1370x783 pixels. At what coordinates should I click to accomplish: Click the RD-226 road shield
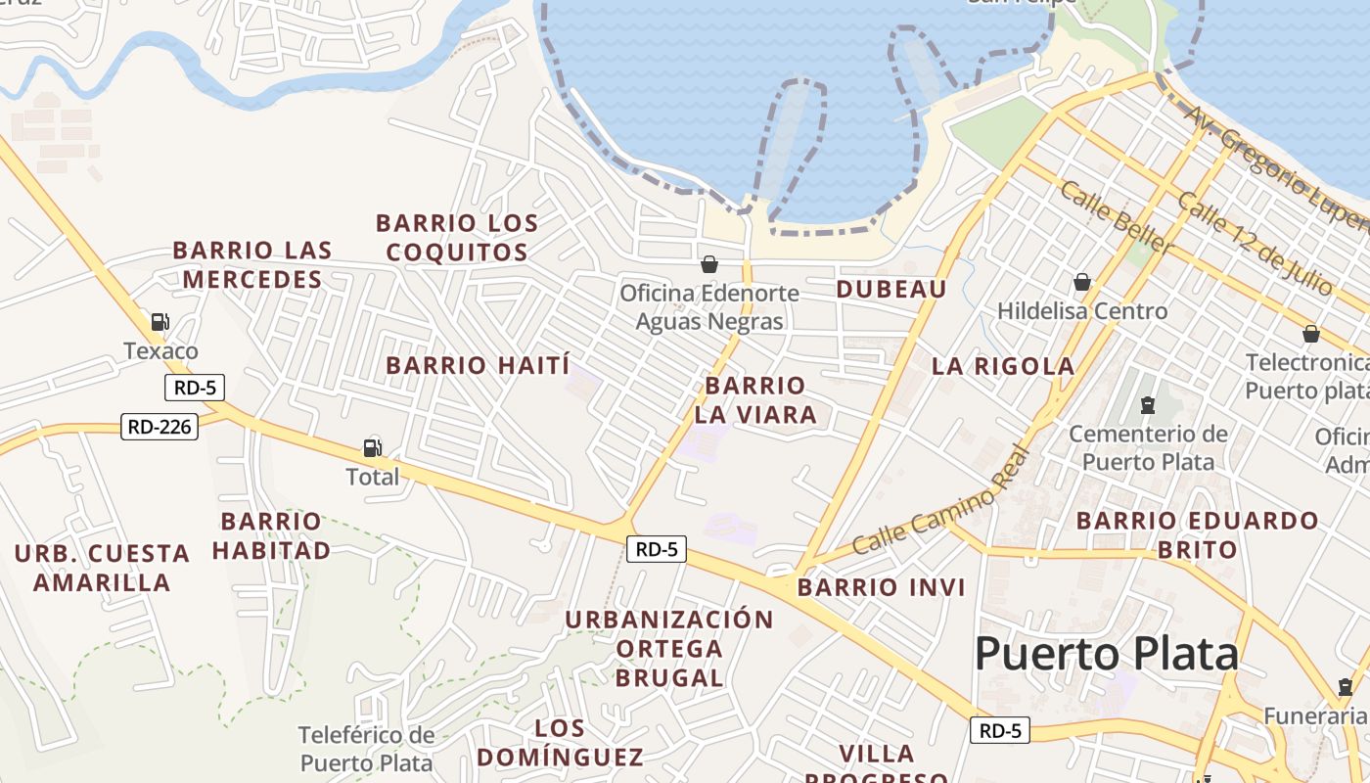tap(160, 427)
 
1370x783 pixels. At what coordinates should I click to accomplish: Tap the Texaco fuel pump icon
tap(160, 321)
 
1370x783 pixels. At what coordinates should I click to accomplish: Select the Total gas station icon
tap(372, 448)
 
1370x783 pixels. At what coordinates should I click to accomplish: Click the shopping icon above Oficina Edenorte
tap(709, 264)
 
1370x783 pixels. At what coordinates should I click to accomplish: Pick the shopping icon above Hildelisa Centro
tap(1082, 283)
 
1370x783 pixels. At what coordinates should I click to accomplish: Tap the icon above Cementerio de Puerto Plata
tap(1148, 404)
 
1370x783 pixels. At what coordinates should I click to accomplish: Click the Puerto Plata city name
tap(1106, 653)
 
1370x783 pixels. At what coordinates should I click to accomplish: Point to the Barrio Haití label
tap(478, 366)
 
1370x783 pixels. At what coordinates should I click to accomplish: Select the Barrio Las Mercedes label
tap(252, 265)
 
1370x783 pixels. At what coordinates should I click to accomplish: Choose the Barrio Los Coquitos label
tap(457, 238)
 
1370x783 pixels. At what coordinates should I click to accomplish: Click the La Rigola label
tap(1003, 367)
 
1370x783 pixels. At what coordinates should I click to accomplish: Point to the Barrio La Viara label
tap(755, 399)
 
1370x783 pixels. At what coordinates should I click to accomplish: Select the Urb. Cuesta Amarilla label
tap(102, 568)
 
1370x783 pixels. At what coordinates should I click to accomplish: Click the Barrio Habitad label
tap(271, 535)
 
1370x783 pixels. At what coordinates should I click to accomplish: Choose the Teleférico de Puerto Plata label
tap(366, 749)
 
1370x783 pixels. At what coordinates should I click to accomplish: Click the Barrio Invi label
tap(881, 587)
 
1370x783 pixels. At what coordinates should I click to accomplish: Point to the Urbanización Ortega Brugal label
tap(669, 648)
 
